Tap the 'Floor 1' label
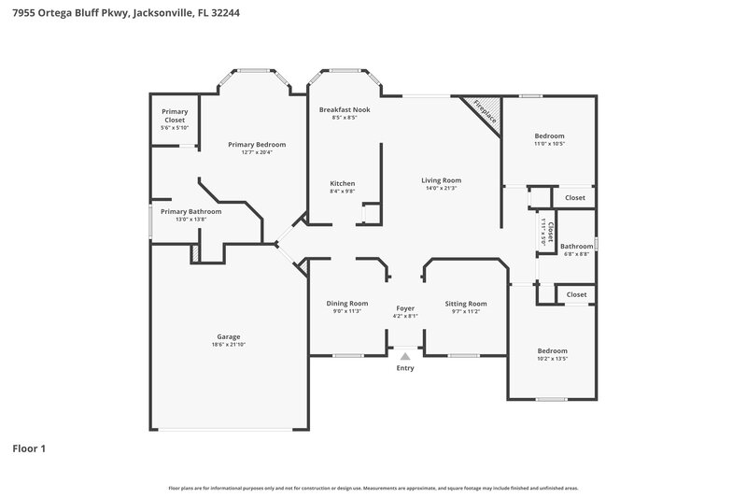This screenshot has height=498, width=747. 28,448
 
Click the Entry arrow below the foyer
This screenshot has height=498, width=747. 405,356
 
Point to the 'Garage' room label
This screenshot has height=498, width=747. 229,336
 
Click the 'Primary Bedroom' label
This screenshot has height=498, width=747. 257,145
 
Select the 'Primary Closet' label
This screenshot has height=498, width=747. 176,116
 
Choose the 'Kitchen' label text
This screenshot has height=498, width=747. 343,183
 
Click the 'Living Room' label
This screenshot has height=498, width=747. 441,180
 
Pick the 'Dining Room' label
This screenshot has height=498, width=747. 346,303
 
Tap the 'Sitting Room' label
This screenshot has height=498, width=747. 465,303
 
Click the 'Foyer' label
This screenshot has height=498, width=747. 405,307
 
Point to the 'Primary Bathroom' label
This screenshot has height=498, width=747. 191,211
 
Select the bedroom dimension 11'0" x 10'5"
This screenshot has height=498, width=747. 549,144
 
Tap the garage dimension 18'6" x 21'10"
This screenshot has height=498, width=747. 229,345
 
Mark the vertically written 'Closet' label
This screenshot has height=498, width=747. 550,230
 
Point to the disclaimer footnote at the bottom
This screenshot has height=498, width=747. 373,488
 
